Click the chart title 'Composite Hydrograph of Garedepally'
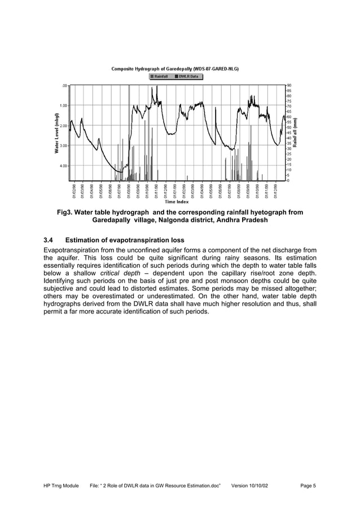coord(174,69)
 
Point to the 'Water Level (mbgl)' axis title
coord(56,133)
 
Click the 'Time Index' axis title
coord(177,202)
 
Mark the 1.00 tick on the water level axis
coord(64,106)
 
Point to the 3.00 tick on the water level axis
coord(64,146)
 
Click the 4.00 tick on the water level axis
coord(64,166)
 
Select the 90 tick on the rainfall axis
coord(289,85)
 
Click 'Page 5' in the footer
coord(308,486)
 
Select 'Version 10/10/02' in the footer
coord(252,486)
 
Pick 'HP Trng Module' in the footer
coord(62,486)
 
